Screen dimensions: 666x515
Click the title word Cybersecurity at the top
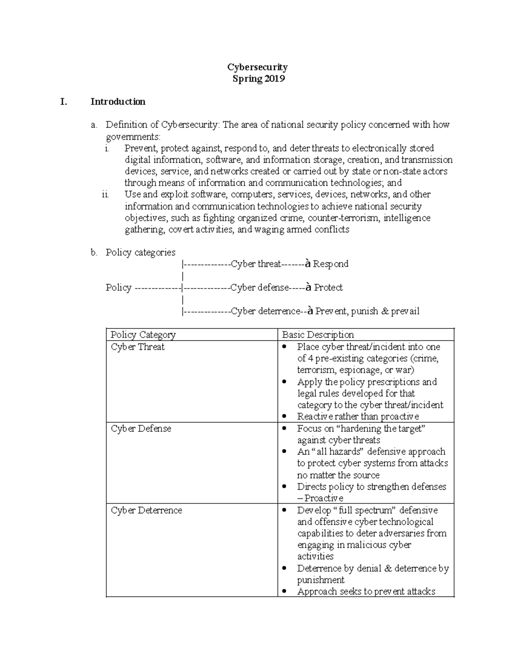point(257,67)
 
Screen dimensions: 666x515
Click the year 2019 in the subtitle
point(274,78)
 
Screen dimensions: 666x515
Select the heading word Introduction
point(118,102)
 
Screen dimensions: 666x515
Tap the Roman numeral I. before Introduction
point(64,102)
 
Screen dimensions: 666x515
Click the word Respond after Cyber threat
point(330,264)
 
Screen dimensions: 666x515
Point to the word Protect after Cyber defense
point(328,287)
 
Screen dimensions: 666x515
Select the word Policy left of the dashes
point(118,287)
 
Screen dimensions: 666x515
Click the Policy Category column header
point(143,335)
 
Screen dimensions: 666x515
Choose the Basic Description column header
point(318,335)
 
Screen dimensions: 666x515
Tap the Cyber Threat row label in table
point(137,347)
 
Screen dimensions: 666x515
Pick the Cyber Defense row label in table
point(141,428)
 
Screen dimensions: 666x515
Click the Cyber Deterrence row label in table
point(146,510)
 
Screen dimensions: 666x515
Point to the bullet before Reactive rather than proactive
point(285,417)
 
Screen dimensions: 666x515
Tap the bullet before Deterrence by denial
point(285,569)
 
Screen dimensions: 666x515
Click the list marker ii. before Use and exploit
point(106,194)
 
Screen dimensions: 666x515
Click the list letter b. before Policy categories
point(94,253)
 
